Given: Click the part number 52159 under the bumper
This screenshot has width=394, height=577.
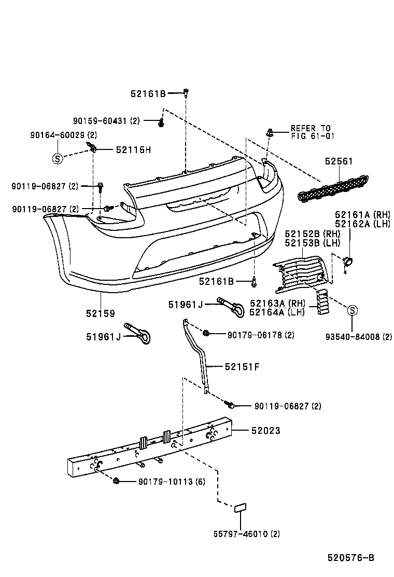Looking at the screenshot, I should coord(100,313).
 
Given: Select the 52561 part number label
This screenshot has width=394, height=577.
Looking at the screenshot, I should coord(339,161).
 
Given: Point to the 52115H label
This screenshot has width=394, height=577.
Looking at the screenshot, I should coord(133,149).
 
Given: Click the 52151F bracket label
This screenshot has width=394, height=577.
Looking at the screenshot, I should coord(242,366).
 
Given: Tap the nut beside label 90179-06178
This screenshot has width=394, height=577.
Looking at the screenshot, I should coord(206,332).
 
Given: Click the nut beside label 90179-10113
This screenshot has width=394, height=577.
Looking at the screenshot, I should coord(116,481).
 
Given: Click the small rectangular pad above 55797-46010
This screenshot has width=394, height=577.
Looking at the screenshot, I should coord(241,507).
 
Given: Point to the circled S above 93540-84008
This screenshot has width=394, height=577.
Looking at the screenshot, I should coord(352,311).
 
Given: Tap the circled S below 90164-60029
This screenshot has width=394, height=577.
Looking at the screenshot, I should coord(57,159).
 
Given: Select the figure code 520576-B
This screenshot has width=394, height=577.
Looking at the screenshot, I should coord(350,558).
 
